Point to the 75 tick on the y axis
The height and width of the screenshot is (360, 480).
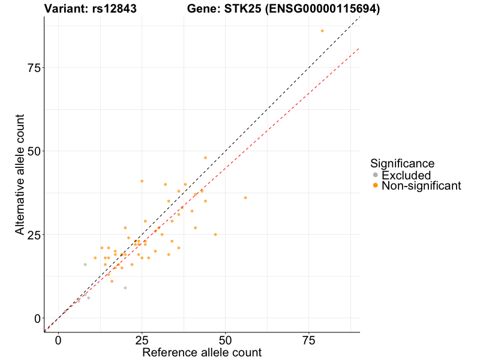[34, 68]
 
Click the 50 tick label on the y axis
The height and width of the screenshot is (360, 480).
[34, 151]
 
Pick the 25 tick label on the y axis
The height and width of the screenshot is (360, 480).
[34, 235]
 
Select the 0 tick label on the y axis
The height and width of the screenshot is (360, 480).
[37, 318]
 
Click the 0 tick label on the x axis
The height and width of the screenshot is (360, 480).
[58, 340]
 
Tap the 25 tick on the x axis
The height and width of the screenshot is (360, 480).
[142, 340]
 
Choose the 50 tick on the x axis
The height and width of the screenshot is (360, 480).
[226, 340]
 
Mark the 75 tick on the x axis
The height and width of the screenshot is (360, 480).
[309, 340]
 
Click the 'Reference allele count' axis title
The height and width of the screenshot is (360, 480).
[202, 353]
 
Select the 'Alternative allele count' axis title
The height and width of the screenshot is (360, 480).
[20, 176]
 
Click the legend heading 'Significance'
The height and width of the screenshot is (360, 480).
[402, 163]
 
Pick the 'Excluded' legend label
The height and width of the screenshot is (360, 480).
[406, 175]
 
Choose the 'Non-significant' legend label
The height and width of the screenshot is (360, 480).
[421, 186]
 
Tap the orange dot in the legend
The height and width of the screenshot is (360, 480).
[376, 186]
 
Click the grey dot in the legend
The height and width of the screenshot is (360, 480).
[376, 175]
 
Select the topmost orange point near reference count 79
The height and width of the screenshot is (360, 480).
[322, 31]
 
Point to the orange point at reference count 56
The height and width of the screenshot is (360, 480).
[245, 197]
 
